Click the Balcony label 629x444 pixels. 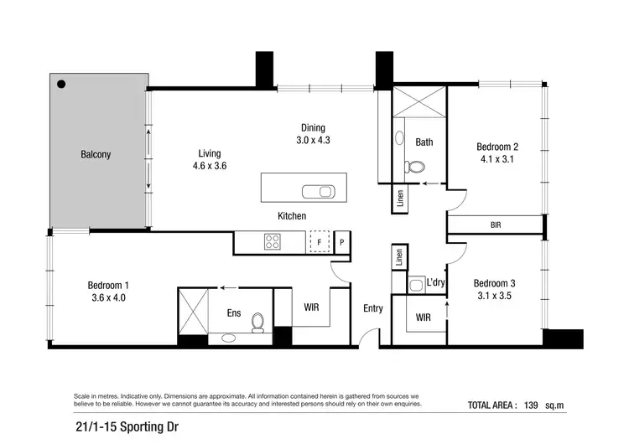(96, 155)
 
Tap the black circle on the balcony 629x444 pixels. (62, 83)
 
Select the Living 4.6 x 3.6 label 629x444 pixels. (209, 159)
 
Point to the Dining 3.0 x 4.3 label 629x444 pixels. (313, 134)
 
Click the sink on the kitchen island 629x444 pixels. (319, 189)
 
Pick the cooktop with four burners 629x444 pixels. (273, 242)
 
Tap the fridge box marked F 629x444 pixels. (319, 242)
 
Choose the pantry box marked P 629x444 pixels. (342, 242)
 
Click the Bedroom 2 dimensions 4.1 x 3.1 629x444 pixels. (494, 157)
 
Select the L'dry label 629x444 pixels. (435, 283)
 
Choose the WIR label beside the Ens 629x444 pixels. (311, 307)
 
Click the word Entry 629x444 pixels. (372, 308)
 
